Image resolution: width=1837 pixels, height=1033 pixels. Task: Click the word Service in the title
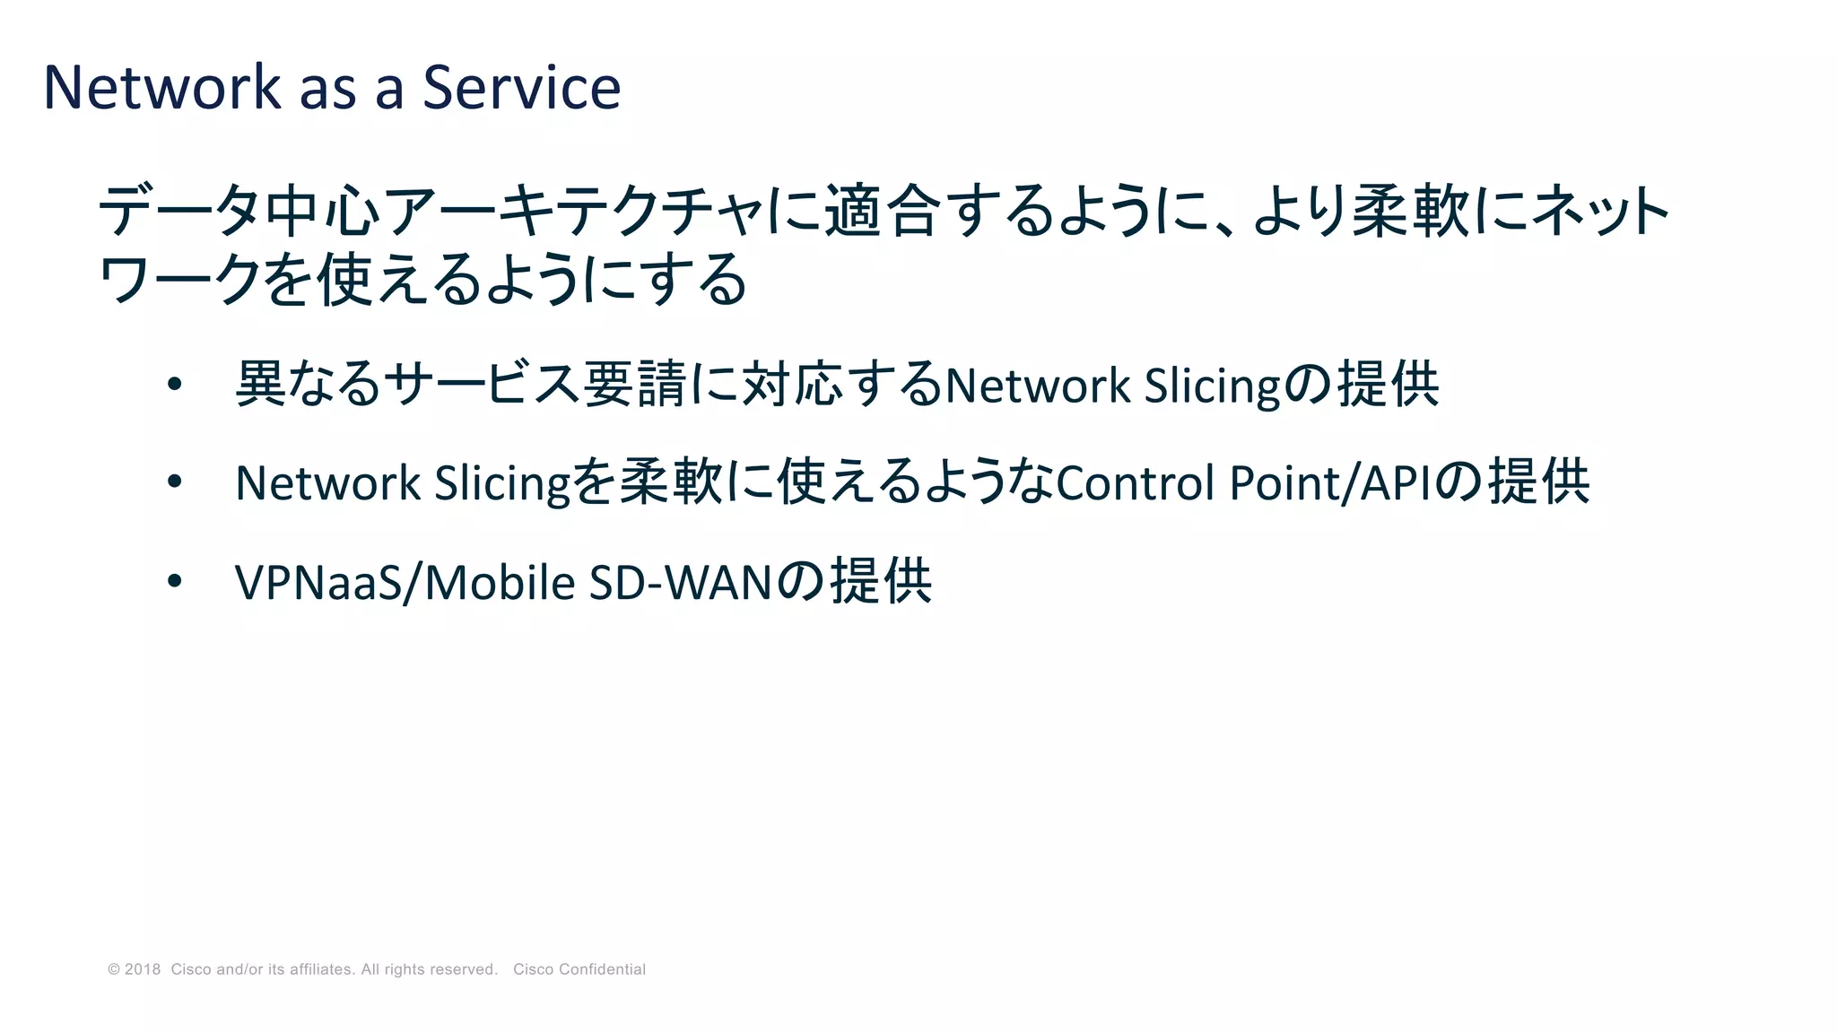point(521,88)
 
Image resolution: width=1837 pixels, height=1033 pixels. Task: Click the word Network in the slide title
point(162,88)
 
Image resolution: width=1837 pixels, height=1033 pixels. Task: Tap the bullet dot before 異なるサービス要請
point(175,385)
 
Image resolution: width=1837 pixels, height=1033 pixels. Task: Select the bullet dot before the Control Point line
point(175,482)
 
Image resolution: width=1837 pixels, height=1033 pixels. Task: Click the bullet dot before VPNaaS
point(175,581)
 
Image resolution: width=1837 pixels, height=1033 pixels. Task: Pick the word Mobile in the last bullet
point(499,582)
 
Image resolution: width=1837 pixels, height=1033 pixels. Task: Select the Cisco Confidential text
point(579,969)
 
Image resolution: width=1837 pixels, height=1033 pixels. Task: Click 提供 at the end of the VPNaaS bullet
point(881,581)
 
